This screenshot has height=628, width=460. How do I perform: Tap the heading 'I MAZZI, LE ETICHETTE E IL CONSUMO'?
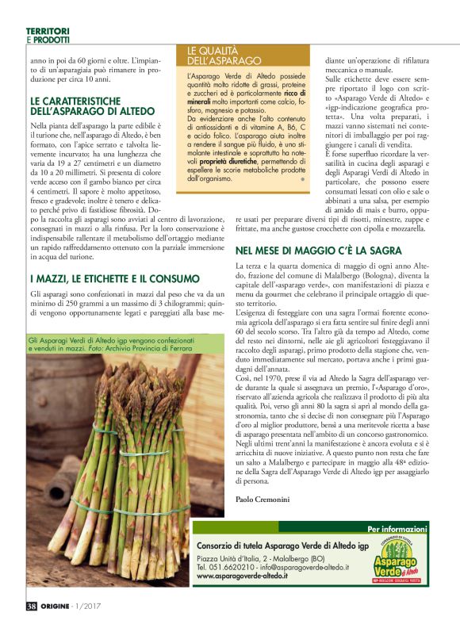point(114,279)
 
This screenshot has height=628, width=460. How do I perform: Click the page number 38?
point(32,606)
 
